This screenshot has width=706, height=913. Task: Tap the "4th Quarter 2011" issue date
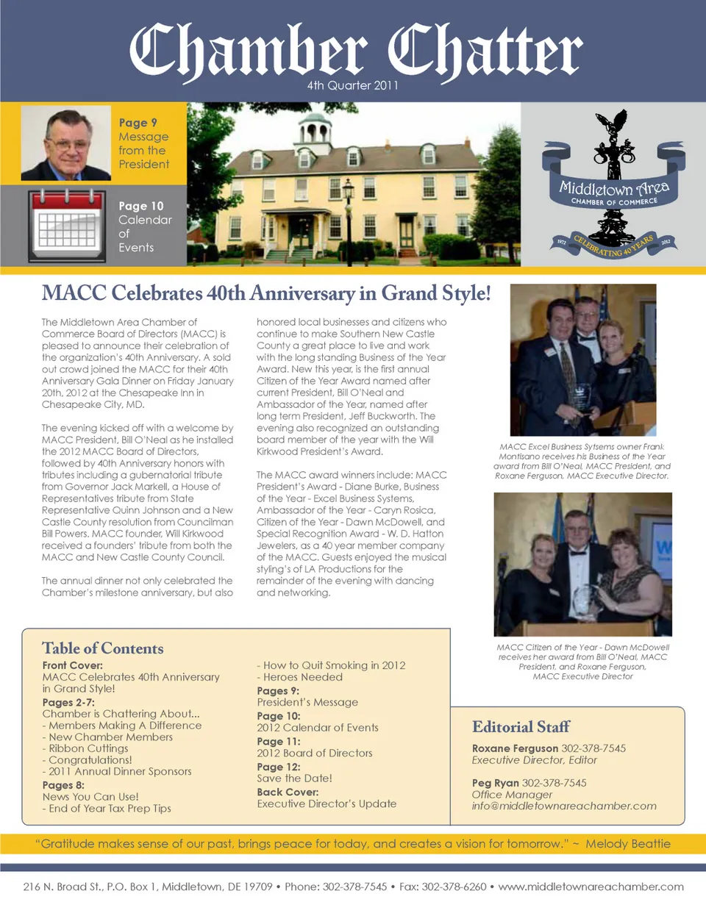[353, 85]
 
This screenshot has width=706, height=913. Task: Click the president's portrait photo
[66, 143]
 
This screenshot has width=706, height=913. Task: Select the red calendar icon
[66, 225]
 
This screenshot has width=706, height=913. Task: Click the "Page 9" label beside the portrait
[138, 123]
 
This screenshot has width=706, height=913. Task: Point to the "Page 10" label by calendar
[141, 206]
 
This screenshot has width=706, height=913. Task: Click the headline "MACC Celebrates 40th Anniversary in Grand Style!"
[266, 293]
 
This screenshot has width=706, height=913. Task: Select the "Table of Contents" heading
[103, 648]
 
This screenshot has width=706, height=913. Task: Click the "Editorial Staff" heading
[521, 727]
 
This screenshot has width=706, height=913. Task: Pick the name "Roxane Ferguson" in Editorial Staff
[515, 748]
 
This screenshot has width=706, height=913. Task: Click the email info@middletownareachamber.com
[564, 806]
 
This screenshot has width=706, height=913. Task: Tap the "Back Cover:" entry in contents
[288, 792]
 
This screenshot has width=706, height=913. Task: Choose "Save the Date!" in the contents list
[294, 778]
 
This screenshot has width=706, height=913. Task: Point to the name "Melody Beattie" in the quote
[628, 843]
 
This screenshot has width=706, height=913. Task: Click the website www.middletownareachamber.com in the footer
[591, 887]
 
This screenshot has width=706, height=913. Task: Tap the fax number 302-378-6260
[454, 887]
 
